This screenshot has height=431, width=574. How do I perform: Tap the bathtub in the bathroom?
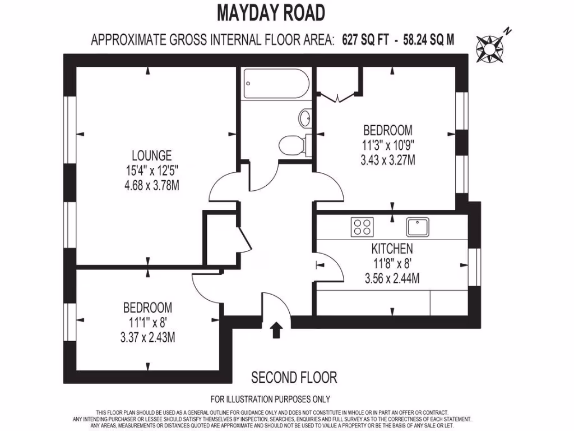click(276, 84)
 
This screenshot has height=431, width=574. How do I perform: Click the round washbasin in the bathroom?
click(305, 118)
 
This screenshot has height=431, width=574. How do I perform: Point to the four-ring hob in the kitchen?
click(362, 227)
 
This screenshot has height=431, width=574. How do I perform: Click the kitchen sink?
click(418, 227)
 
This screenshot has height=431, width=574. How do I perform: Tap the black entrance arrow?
click(276, 329)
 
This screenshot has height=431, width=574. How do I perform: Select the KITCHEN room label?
click(392, 249)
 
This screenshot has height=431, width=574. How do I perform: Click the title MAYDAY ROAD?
click(270, 12)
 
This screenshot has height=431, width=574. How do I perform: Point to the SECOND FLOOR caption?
click(294, 377)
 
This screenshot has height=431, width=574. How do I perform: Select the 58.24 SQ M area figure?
click(429, 40)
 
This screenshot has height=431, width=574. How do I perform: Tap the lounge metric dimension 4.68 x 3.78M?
click(151, 185)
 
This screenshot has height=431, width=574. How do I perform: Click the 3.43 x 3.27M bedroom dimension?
click(387, 160)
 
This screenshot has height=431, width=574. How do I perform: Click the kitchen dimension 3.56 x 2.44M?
click(392, 278)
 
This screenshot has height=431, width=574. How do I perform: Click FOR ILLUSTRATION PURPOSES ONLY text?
click(270, 399)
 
